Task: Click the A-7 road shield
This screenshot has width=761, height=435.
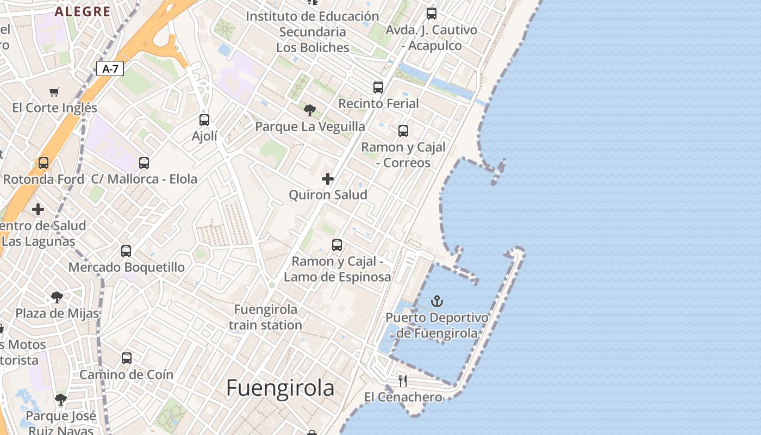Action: (110, 69)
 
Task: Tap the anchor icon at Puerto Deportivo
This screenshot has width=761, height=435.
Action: (437, 301)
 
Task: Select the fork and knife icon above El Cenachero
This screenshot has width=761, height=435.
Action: (403, 381)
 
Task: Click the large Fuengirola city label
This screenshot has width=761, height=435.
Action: (280, 388)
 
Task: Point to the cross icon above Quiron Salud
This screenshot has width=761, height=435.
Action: (328, 178)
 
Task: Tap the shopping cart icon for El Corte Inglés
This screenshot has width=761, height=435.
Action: (54, 92)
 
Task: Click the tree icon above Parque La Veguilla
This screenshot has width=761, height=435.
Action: (310, 110)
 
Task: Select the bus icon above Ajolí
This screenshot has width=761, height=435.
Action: (204, 120)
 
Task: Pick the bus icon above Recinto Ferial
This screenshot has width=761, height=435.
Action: (378, 87)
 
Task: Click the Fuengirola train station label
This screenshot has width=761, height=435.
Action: (265, 317)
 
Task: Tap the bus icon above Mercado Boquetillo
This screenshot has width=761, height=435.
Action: (126, 251)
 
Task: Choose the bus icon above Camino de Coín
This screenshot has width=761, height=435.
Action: (127, 358)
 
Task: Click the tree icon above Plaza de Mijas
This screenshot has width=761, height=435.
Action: (57, 297)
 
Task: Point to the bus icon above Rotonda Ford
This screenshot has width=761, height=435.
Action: (43, 163)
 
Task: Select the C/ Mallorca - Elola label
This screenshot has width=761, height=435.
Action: (144, 179)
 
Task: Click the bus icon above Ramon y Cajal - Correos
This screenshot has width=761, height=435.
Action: (403, 130)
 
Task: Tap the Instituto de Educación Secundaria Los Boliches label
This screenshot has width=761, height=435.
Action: (313, 32)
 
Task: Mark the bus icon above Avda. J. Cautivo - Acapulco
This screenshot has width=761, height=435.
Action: (432, 13)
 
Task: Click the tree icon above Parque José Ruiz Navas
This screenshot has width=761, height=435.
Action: (61, 400)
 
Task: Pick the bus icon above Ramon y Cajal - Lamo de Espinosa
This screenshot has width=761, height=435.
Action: (337, 245)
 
